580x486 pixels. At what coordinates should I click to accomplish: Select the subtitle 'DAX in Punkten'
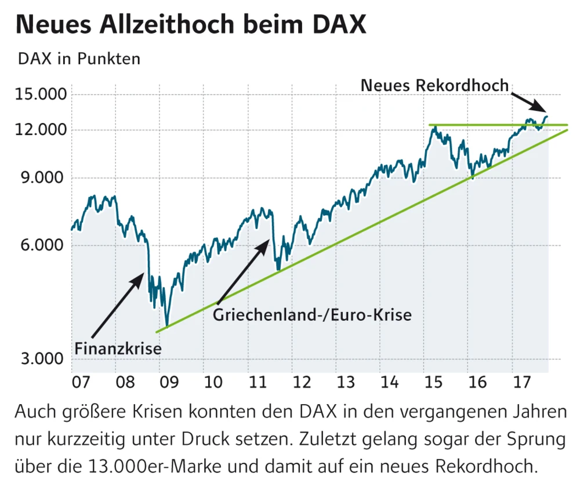click(79, 59)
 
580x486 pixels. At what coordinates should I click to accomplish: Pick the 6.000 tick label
click(40, 245)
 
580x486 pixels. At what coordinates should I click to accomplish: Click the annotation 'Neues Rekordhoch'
click(434, 85)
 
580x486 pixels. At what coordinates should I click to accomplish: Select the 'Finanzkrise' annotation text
click(118, 349)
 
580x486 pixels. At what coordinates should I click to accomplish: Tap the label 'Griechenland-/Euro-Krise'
click(312, 315)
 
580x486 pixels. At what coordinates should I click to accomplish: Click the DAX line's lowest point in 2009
click(167, 326)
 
